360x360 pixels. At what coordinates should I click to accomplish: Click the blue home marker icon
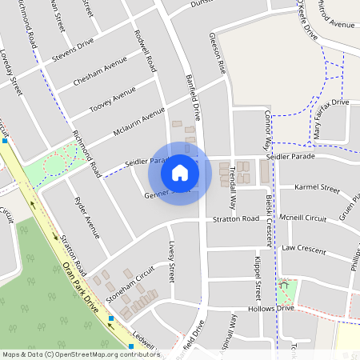[180, 173]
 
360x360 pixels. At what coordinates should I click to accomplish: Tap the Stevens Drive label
[73, 50]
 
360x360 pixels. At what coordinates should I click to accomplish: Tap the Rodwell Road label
[146, 53]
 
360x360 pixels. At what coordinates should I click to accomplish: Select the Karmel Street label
[318, 188]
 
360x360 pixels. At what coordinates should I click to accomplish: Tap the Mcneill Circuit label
[304, 218]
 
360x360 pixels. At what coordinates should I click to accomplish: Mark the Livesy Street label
[171, 264]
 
